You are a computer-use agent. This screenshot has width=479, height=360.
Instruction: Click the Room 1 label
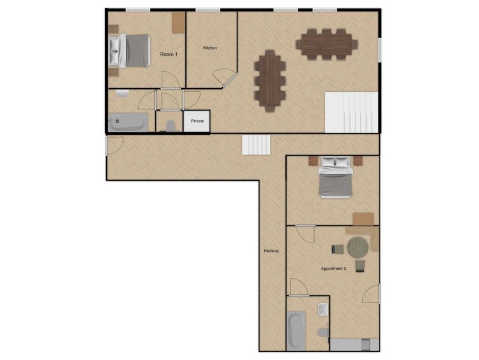(x=169, y=54)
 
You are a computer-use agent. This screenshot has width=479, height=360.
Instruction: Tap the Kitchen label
(x=210, y=47)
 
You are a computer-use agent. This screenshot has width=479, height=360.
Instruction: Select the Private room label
(x=197, y=121)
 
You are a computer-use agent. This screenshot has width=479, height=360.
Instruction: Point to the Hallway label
(x=271, y=251)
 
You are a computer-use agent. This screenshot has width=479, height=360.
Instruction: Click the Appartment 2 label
(x=333, y=269)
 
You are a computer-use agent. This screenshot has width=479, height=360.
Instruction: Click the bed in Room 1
(x=130, y=51)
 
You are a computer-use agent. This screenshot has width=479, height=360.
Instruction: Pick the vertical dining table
(x=270, y=81)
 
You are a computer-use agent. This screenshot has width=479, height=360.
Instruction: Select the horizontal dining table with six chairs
(x=327, y=44)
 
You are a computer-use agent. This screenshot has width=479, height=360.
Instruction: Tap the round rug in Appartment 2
(x=358, y=247)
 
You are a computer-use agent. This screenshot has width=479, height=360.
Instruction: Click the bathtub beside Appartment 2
(x=296, y=331)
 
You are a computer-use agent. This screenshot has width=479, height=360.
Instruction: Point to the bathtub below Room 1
(x=128, y=122)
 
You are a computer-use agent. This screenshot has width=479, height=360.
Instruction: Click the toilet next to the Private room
(x=170, y=126)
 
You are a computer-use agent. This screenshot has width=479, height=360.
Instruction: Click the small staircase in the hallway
(x=256, y=145)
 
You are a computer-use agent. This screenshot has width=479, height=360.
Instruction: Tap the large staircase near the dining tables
(x=352, y=112)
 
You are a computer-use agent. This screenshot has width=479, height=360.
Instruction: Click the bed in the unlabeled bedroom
(x=336, y=177)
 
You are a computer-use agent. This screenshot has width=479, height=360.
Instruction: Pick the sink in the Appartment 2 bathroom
(x=323, y=309)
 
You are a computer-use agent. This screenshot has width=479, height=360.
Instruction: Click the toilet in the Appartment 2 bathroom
(x=323, y=332)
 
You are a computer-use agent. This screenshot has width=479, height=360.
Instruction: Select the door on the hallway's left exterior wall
(x=115, y=146)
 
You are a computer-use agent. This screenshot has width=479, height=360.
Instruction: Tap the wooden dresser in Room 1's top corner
(x=179, y=23)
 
